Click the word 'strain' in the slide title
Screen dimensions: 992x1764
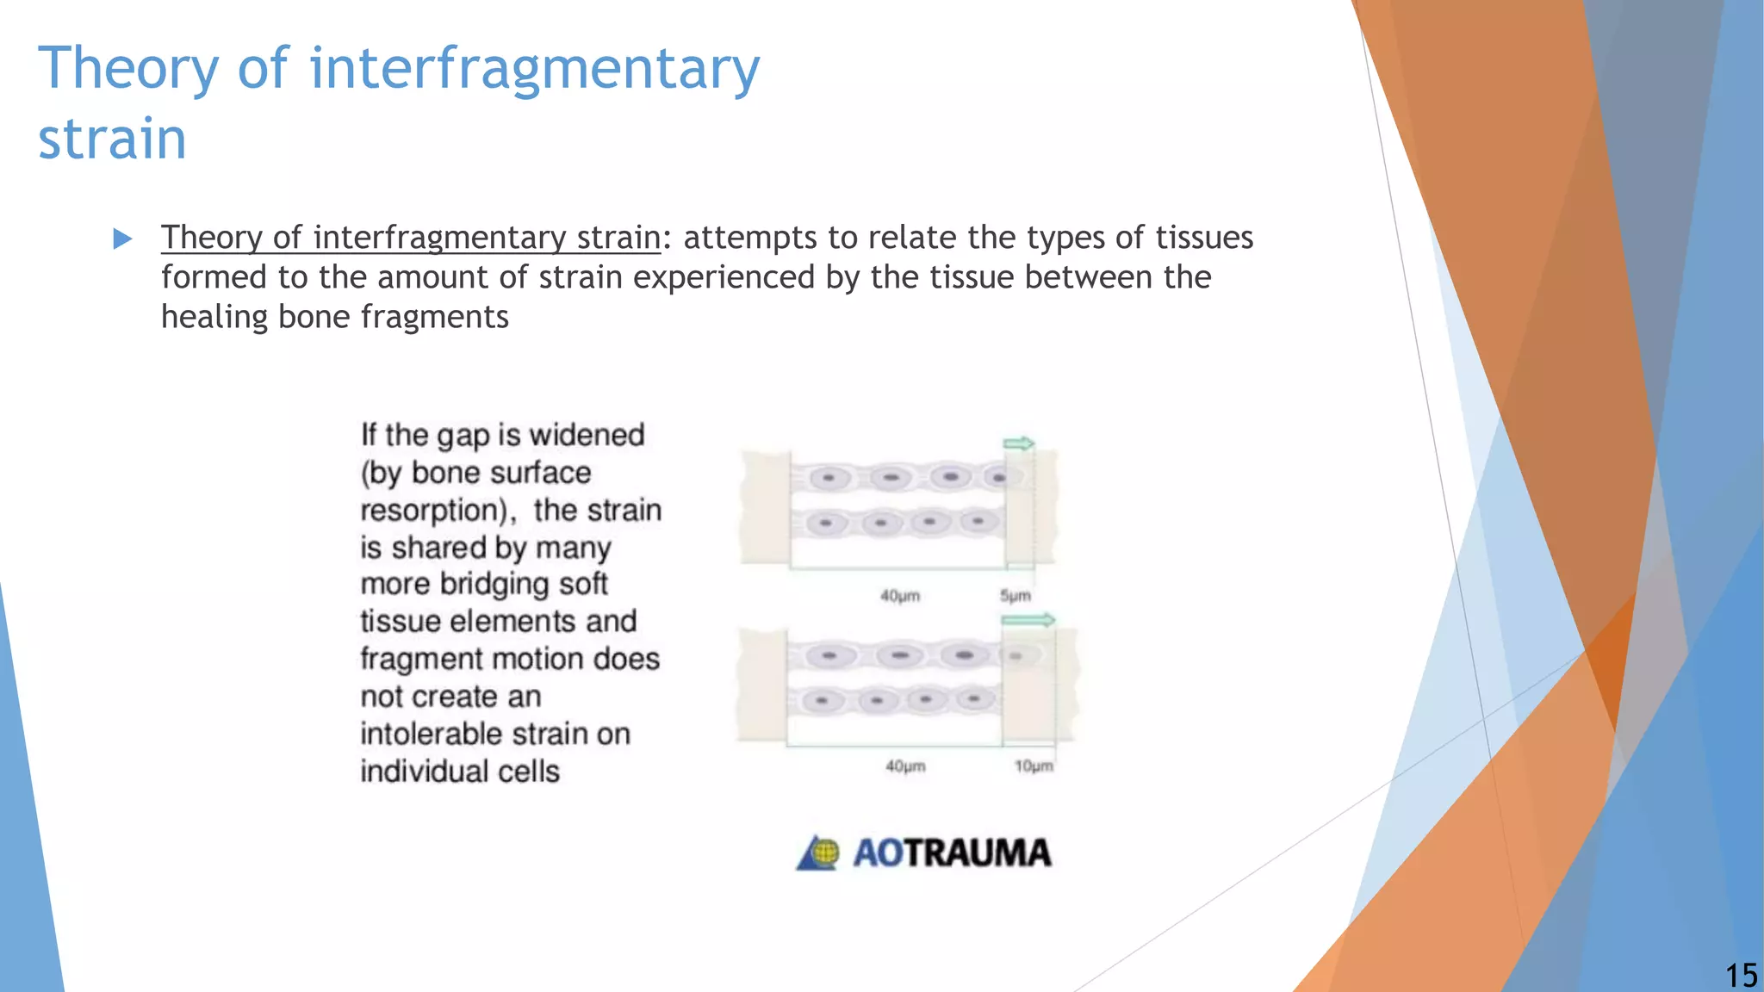pyautogui.click(x=112, y=139)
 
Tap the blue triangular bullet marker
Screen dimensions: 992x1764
pyautogui.click(x=122, y=239)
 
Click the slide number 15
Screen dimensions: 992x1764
pyautogui.click(x=1741, y=976)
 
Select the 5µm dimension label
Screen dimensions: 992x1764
pyautogui.click(x=1015, y=596)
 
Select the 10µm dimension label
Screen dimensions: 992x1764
pyautogui.click(x=1033, y=766)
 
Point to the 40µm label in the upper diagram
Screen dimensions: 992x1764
pyautogui.click(x=900, y=596)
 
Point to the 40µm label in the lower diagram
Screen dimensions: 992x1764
pyautogui.click(x=905, y=766)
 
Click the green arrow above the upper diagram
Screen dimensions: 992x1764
pyautogui.click(x=1018, y=443)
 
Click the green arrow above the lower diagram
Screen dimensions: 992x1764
pyautogui.click(x=1028, y=620)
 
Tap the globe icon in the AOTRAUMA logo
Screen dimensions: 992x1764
pyautogui.click(x=823, y=852)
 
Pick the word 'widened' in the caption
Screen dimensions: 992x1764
pyautogui.click(x=587, y=435)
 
